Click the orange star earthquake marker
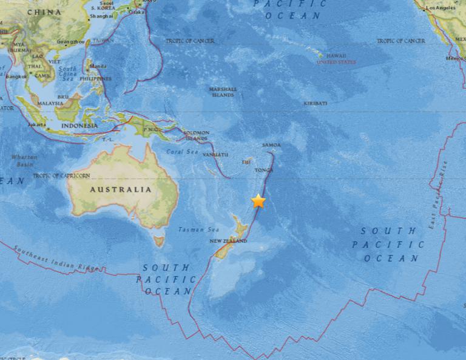click(x=259, y=201)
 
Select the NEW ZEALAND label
click(x=230, y=241)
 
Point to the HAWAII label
click(x=336, y=55)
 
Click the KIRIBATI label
click(x=316, y=104)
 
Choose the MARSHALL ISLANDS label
click(x=223, y=92)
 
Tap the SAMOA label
click(x=271, y=145)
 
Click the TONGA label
click(x=264, y=171)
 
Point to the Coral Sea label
click(x=183, y=151)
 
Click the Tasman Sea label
click(x=190, y=229)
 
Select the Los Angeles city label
click(x=440, y=8)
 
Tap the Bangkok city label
click(x=16, y=76)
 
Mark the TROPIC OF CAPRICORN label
click(x=61, y=175)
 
